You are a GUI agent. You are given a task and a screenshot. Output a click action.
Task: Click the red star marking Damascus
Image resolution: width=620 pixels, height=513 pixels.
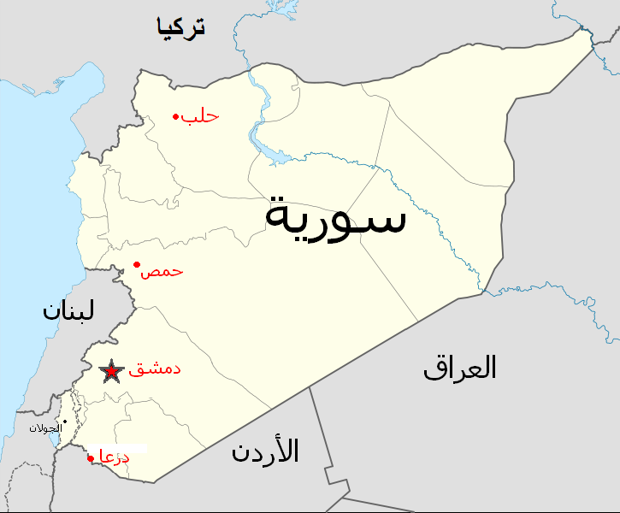pos(110,372)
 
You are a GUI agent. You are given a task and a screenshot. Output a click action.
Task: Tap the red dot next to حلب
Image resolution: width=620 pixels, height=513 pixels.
pos(175,116)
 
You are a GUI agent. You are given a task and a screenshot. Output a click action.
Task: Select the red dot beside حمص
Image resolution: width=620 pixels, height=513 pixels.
pos(137,264)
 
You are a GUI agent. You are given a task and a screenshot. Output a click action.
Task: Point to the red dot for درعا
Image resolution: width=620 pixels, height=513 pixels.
pos(91,458)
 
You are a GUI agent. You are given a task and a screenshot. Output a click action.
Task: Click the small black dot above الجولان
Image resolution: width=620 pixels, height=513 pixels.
pos(65,421)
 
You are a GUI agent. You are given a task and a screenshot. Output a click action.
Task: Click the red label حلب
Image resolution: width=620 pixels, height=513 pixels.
pos(200,115)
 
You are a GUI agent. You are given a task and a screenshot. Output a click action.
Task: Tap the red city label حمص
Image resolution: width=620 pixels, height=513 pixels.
pos(162,271)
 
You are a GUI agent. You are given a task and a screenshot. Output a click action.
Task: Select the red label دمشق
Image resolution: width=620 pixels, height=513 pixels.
pos(154,371)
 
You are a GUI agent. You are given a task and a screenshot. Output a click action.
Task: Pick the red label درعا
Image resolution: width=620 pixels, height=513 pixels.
pos(115,457)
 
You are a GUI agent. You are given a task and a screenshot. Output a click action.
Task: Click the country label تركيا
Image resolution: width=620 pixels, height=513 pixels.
pos(180,27)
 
